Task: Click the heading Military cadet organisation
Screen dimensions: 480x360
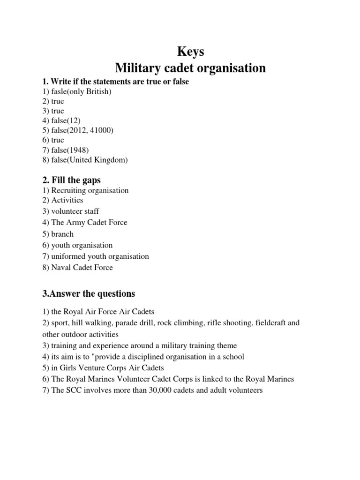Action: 190,68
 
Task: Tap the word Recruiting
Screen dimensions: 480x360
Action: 70,190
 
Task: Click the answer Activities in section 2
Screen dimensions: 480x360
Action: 67,200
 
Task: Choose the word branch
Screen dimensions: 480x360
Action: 62,233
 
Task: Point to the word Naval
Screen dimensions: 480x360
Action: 62,268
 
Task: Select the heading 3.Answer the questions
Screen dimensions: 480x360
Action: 89,294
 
